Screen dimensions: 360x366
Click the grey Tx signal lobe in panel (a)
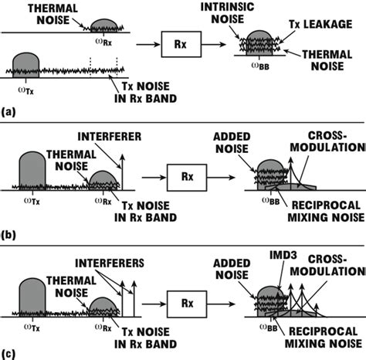click(x=26, y=64)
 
